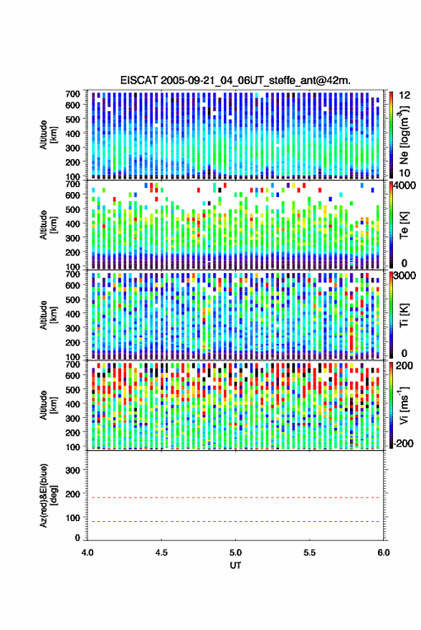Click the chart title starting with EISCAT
(x=235, y=80)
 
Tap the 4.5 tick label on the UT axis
(x=161, y=553)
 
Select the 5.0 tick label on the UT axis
(x=236, y=553)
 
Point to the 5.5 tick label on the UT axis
(x=310, y=553)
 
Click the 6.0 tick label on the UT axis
(x=384, y=553)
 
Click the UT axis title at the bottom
(x=235, y=565)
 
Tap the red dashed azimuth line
(x=236, y=497)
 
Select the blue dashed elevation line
(x=236, y=521)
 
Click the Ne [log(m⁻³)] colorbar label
(x=403, y=135)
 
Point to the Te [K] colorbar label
(x=404, y=225)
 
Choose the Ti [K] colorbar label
(x=404, y=315)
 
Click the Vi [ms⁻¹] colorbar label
(x=403, y=405)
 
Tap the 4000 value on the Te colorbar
(x=405, y=186)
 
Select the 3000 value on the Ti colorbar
(x=405, y=277)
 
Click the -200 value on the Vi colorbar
(x=403, y=444)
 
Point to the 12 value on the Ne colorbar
(x=405, y=95)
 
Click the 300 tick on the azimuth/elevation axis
(x=73, y=470)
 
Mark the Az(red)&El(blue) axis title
(x=48, y=495)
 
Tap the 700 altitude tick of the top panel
(x=72, y=94)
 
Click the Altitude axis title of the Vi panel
(x=48, y=405)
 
